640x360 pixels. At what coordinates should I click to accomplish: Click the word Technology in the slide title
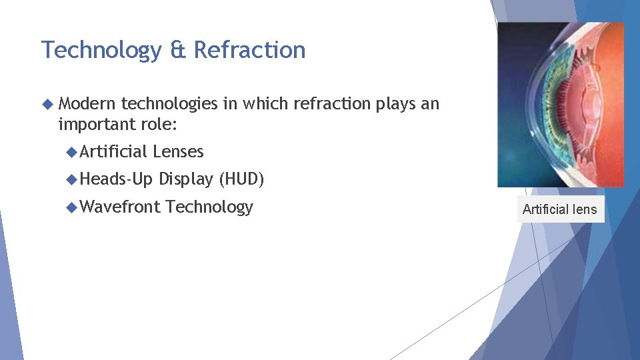pyautogui.click(x=99, y=51)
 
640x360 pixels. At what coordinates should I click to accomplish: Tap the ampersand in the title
pyautogui.click(x=178, y=51)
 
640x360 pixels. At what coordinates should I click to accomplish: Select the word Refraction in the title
pyautogui.click(x=249, y=51)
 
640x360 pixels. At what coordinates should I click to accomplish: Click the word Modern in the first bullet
pyautogui.click(x=87, y=104)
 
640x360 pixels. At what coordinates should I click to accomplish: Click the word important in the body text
pyautogui.click(x=97, y=123)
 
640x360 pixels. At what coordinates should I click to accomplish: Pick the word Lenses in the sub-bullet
pyautogui.click(x=178, y=152)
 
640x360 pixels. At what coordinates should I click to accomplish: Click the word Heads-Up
pyautogui.click(x=116, y=179)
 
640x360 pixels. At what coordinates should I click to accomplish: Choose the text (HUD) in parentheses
pyautogui.click(x=241, y=179)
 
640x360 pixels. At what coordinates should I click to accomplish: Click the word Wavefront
pyautogui.click(x=120, y=207)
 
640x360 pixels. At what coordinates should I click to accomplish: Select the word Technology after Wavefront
pyautogui.click(x=209, y=207)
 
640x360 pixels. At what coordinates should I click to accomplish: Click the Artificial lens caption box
pyautogui.click(x=559, y=209)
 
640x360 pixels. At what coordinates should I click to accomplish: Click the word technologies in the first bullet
pyautogui.click(x=169, y=104)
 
